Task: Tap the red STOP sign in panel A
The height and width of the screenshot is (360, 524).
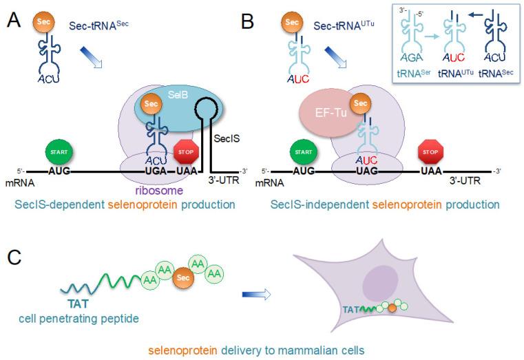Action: pyautogui.click(x=189, y=150)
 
